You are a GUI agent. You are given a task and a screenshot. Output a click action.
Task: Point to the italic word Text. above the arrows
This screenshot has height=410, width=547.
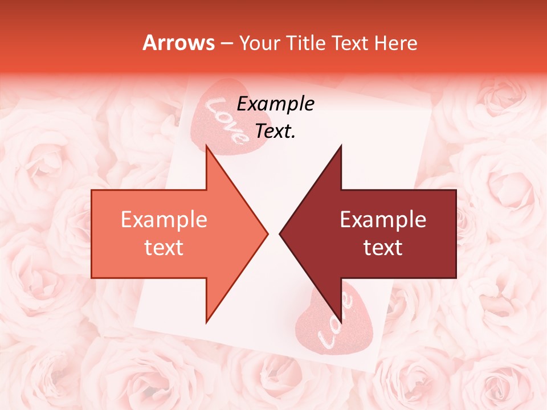(x=275, y=132)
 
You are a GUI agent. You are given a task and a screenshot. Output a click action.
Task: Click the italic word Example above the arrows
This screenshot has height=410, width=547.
(x=275, y=104)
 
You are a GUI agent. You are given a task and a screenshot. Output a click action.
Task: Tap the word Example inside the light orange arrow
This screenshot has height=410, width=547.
(x=164, y=220)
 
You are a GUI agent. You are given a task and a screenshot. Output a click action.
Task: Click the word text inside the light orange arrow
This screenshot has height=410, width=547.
(x=164, y=248)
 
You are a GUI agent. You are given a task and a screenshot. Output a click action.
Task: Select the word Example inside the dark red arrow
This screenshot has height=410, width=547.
(x=383, y=220)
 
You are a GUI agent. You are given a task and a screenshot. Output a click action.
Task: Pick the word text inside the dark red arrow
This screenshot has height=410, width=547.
(x=383, y=248)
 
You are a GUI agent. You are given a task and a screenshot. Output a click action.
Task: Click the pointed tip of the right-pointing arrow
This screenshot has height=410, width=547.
(x=266, y=233)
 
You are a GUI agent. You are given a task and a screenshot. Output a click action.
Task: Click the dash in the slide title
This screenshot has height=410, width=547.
(x=226, y=43)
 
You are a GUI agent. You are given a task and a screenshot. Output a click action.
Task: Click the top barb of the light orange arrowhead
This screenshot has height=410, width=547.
(x=207, y=149)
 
